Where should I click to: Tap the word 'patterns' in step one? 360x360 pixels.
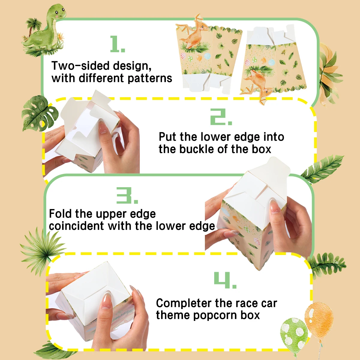tap(150, 78)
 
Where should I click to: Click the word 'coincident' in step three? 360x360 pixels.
tap(76, 226)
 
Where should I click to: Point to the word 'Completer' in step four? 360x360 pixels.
tap(184, 303)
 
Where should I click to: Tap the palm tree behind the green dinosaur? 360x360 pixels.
tap(32, 27)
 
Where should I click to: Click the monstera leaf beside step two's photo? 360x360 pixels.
tap(39, 113)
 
